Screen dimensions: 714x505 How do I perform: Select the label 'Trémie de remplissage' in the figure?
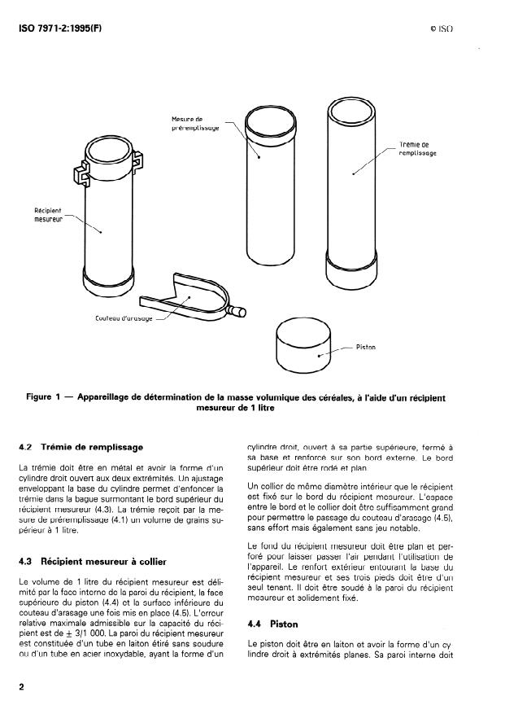(418, 149)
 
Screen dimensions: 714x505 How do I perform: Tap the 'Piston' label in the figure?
(365, 348)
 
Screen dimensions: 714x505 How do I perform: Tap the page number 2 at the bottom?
(21, 686)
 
